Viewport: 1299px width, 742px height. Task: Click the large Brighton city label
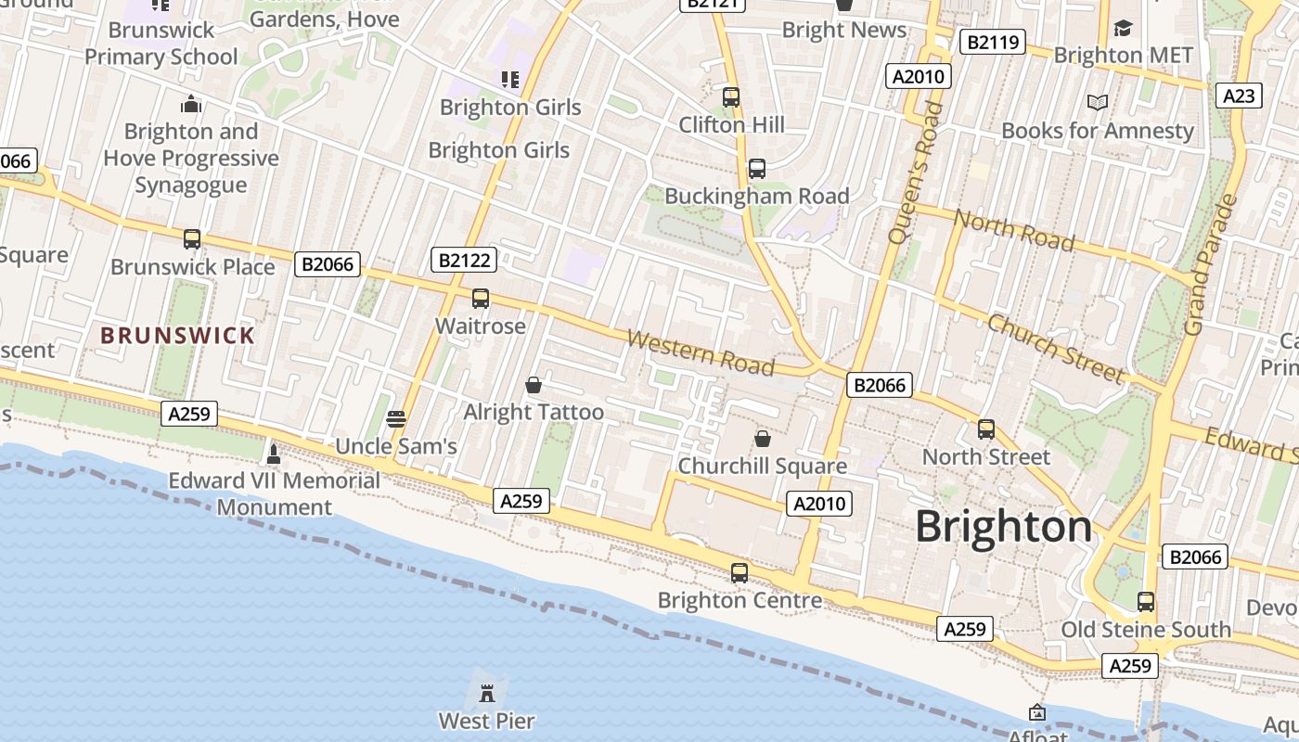pyautogui.click(x=1004, y=527)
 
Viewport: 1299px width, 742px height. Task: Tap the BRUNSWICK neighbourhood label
pyautogui.click(x=177, y=336)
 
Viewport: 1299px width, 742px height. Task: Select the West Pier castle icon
pyautogui.click(x=486, y=692)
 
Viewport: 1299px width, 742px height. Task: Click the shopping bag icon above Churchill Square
pyautogui.click(x=763, y=438)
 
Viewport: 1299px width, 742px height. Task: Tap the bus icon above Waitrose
pyautogui.click(x=480, y=299)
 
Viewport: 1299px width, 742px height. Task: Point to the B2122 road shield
pyautogui.click(x=464, y=260)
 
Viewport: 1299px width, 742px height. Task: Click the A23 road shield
pyautogui.click(x=1239, y=96)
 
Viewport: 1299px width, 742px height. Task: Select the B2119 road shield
pyautogui.click(x=992, y=41)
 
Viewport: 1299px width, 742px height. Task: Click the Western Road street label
pyautogui.click(x=701, y=352)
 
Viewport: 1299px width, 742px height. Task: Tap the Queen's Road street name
pyautogui.click(x=915, y=173)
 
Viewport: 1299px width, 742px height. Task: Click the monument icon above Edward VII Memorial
pyautogui.click(x=273, y=454)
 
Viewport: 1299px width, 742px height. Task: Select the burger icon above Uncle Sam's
pyautogui.click(x=396, y=419)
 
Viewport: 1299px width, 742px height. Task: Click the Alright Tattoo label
pyautogui.click(x=534, y=412)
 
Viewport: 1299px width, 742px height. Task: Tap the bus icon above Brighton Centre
pyautogui.click(x=740, y=573)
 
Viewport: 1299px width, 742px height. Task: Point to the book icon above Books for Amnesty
pyautogui.click(x=1098, y=103)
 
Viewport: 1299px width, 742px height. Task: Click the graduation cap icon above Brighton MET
pyautogui.click(x=1123, y=28)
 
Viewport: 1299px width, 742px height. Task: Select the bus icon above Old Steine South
pyautogui.click(x=1146, y=602)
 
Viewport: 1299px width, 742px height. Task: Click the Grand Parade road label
pyautogui.click(x=1209, y=265)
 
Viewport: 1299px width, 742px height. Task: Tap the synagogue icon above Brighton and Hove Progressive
pyautogui.click(x=191, y=104)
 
